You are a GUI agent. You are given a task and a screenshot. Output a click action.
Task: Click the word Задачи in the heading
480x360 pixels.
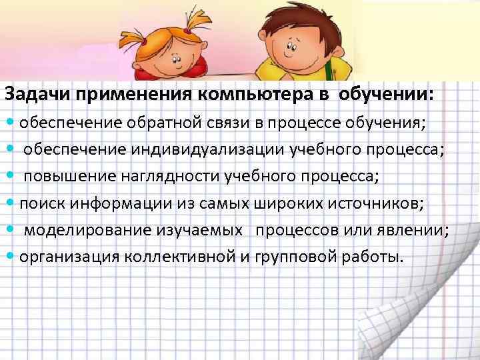click(x=38, y=96)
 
